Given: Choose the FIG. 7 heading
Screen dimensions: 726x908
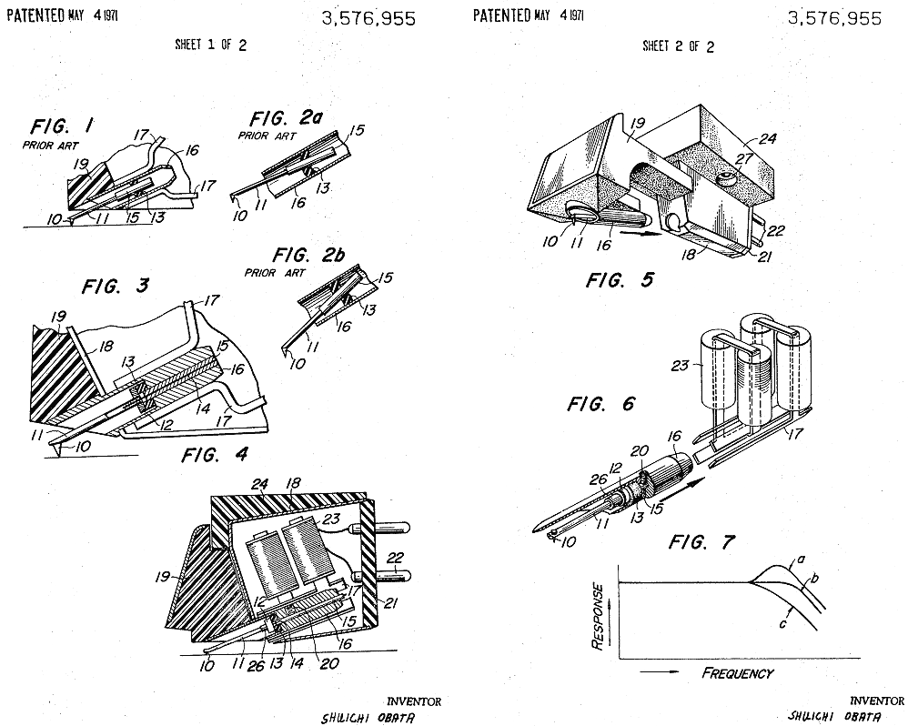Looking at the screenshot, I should click(701, 543).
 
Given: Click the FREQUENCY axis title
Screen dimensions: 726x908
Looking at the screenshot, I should click(738, 673).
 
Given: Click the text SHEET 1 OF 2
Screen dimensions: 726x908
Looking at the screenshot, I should click(211, 46).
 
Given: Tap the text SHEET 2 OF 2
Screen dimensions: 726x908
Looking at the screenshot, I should click(679, 46).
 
